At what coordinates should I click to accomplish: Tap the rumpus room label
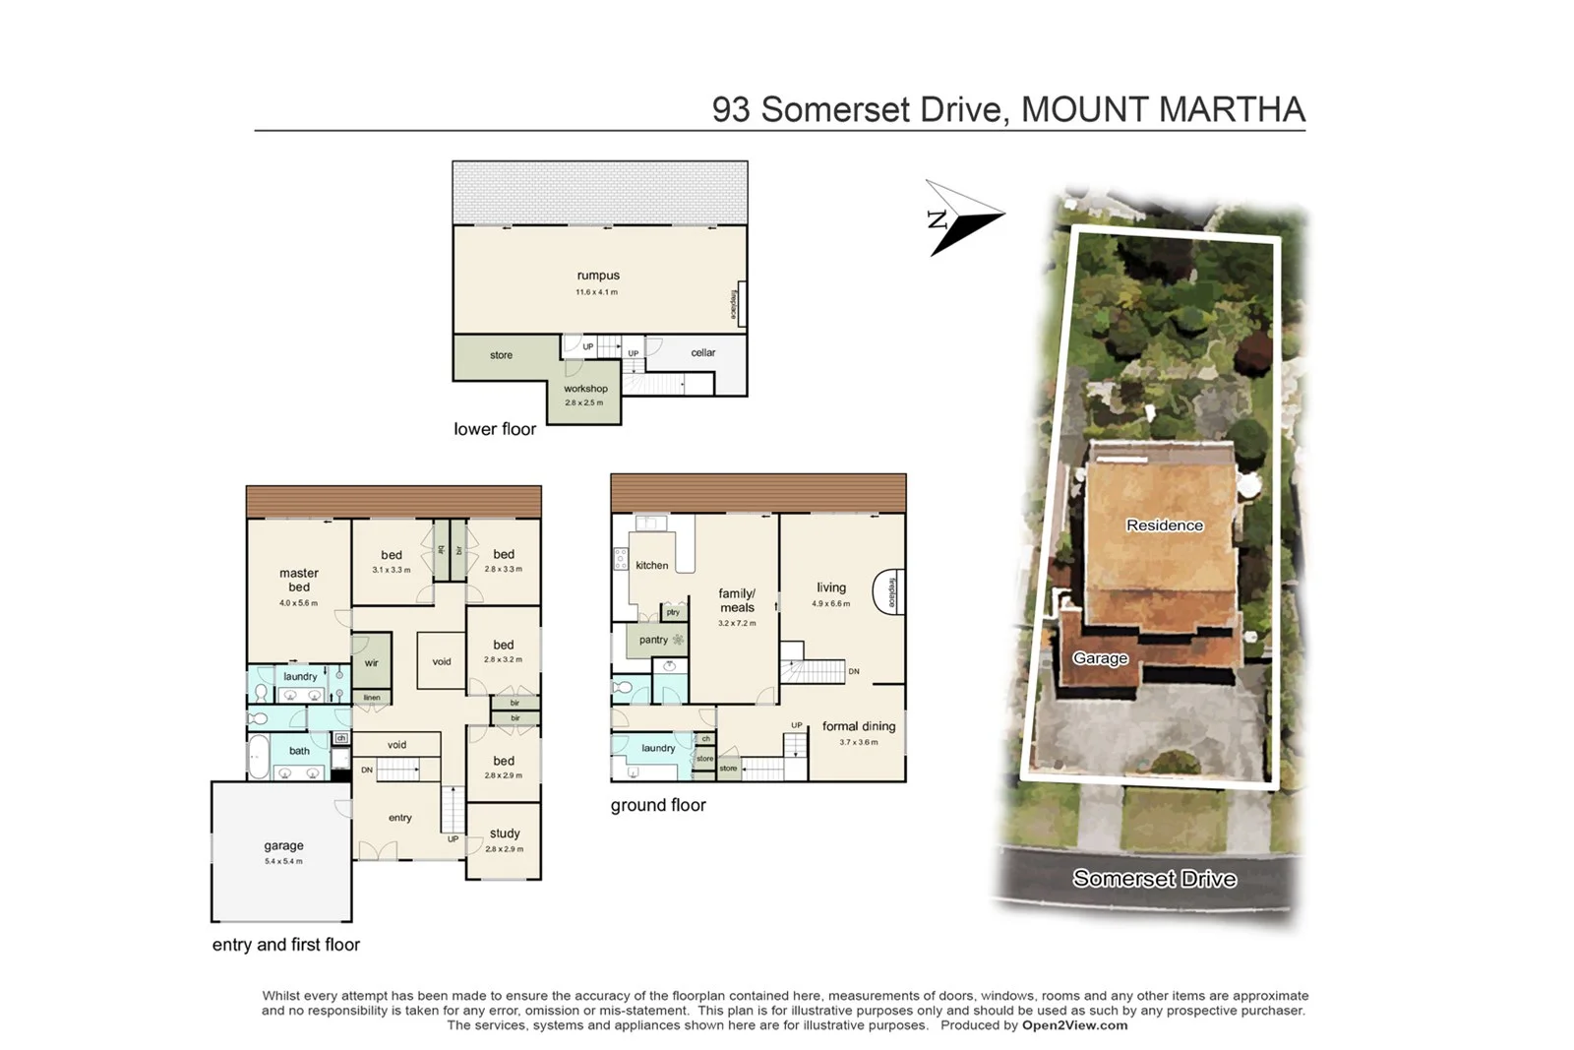598,277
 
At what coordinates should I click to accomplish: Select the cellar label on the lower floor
702,352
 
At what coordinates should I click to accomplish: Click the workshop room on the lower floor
584,395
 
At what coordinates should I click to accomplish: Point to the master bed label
299,580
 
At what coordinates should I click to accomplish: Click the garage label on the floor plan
283,846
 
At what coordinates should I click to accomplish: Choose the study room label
505,834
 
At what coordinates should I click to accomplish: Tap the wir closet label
371,663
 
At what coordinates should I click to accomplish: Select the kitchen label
651,566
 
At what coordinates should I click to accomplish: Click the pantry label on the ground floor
653,640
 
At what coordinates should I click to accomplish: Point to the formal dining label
859,726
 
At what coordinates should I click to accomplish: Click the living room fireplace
890,592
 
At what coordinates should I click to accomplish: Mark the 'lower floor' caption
495,429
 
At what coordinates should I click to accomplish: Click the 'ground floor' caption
658,805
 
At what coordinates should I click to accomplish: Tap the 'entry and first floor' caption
286,945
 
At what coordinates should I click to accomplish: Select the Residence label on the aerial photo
1165,525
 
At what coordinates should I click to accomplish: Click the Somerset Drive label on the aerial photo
1154,879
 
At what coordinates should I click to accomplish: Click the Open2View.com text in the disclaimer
1074,1025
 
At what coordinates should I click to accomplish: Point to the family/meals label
737,600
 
